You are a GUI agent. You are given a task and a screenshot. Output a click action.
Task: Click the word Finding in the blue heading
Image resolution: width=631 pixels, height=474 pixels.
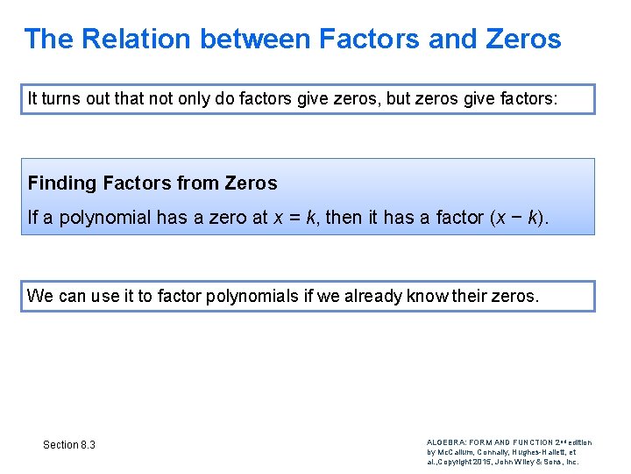pyautogui.click(x=62, y=183)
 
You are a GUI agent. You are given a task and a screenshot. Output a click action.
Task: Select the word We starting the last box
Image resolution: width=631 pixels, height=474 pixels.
pyautogui.click(x=40, y=296)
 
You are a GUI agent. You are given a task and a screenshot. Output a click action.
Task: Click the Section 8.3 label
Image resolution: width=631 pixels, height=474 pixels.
pyautogui.click(x=69, y=445)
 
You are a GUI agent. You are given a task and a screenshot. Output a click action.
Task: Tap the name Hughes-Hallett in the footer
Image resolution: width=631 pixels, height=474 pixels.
pyautogui.click(x=542, y=451)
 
